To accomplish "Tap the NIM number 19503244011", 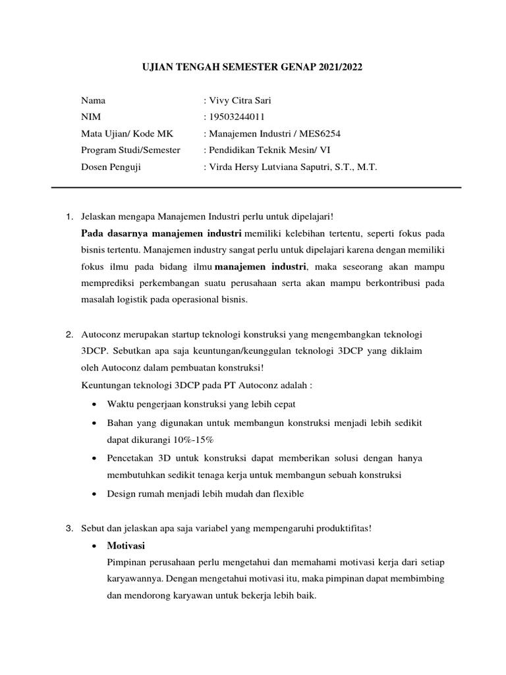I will pos(237,117).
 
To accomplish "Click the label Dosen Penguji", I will pos(111,167).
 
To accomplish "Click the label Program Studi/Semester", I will pos(130,150).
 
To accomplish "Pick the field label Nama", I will pos(93,101).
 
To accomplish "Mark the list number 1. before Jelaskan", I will pos(70,216).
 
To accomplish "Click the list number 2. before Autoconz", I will pos(70,335).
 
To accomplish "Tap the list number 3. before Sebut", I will pos(70,529).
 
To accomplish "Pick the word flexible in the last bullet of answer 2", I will pos(285,494).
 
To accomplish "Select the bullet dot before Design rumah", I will pos(96,494).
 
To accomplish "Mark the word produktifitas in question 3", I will pos(339,529).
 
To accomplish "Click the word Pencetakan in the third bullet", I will pos(130,457).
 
